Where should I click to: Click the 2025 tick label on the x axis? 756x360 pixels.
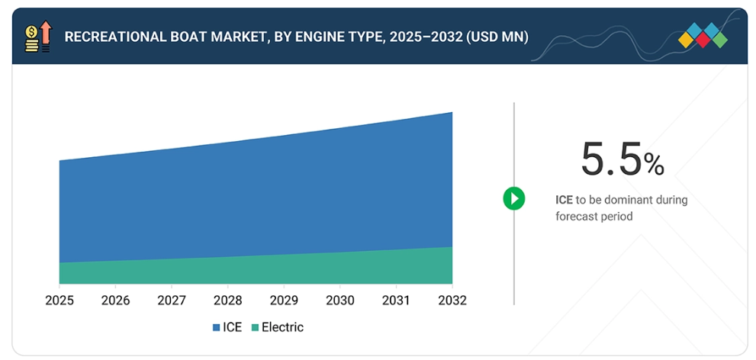pos(59,300)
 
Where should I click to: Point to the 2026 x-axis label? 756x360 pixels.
pos(115,300)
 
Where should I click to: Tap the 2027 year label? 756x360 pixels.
pos(172,300)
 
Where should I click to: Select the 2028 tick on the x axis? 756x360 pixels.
pos(227,300)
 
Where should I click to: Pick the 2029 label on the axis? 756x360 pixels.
pos(284,300)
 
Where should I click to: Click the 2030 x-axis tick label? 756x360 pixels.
pos(339,300)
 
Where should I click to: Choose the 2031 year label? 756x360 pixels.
pos(396,300)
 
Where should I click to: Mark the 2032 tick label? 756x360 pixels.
pos(452,300)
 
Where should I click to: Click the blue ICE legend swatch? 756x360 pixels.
pos(216,328)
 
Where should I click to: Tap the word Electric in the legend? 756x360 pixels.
pos(282,327)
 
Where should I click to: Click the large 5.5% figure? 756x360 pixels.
pos(622,159)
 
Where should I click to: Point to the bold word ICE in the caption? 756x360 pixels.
pos(564,200)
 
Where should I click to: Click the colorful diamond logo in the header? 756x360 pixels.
pos(703,35)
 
